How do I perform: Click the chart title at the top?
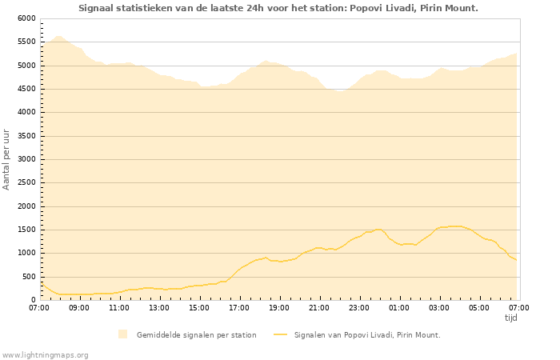pyautogui.click(x=278, y=8)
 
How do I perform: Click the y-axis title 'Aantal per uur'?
pyautogui.click(x=6, y=158)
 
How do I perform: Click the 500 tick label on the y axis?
pyautogui.click(x=29, y=277)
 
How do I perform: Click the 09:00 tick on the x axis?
pyautogui.click(x=79, y=307)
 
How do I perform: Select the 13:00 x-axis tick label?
pyautogui.click(x=159, y=307)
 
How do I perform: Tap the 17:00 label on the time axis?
pyautogui.click(x=239, y=307)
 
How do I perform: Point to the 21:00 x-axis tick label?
pyautogui.click(x=319, y=307)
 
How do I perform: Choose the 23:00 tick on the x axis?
pyautogui.click(x=359, y=307)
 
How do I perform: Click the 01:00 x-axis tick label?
pyautogui.click(x=399, y=307)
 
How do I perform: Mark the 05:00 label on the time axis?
pyautogui.click(x=479, y=307)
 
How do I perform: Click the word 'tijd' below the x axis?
pyautogui.click(x=510, y=318)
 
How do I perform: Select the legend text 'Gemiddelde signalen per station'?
pyautogui.click(x=196, y=335)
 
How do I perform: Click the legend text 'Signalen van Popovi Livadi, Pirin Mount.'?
pyautogui.click(x=367, y=335)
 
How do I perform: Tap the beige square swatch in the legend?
pyautogui.click(x=122, y=334)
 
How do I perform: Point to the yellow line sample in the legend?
pyautogui.click(x=280, y=334)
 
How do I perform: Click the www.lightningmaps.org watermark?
pyautogui.click(x=46, y=354)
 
